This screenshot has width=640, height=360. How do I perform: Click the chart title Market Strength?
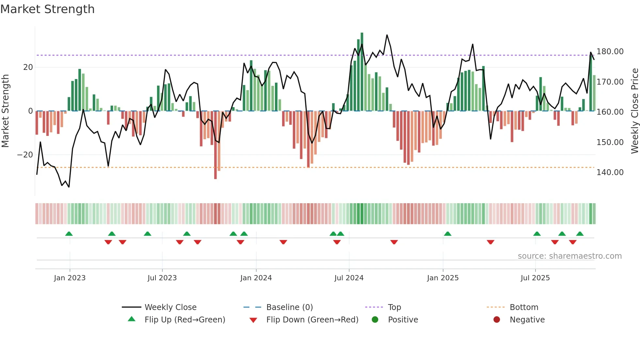[x=47, y=9]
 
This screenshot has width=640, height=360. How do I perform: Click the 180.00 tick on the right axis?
[x=610, y=52]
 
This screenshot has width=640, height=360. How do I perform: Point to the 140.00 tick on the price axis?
[x=610, y=172]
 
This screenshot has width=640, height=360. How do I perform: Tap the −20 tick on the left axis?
[x=25, y=155]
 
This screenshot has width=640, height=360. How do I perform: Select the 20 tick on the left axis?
[x=28, y=67]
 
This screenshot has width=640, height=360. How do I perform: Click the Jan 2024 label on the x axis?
[x=256, y=278]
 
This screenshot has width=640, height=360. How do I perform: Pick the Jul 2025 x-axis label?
[x=535, y=278]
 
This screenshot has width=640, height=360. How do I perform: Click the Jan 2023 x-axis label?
[x=70, y=278]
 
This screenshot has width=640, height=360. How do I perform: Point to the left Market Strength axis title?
[x=6, y=111]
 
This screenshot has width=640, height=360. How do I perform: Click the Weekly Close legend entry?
[x=170, y=307]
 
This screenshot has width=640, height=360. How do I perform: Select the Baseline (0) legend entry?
[x=289, y=307]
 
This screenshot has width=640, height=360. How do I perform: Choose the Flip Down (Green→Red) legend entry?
[x=312, y=320]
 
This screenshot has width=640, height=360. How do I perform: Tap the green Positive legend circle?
[x=375, y=320]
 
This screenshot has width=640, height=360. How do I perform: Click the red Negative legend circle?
[x=496, y=320]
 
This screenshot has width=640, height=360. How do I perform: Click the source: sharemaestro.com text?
[x=569, y=256]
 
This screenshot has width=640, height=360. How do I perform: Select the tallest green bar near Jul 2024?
[x=362, y=72]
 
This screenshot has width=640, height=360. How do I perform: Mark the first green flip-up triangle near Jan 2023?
[x=69, y=234]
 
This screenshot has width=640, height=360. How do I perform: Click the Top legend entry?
[x=394, y=307]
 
